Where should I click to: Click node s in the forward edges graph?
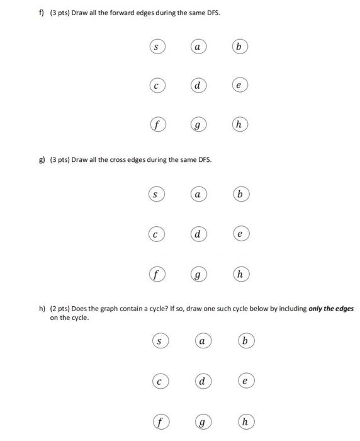pyautogui.click(x=156, y=47)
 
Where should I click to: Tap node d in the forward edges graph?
pyautogui.click(x=198, y=86)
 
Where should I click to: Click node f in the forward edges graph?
pyautogui.click(x=156, y=125)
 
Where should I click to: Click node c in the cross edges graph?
pyautogui.click(x=156, y=235)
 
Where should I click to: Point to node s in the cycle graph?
pyautogui.click(x=160, y=341)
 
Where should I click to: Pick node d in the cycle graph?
pyautogui.click(x=202, y=381)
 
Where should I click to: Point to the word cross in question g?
pyautogui.click(x=118, y=160)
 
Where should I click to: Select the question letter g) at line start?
pyautogui.click(x=42, y=160)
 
